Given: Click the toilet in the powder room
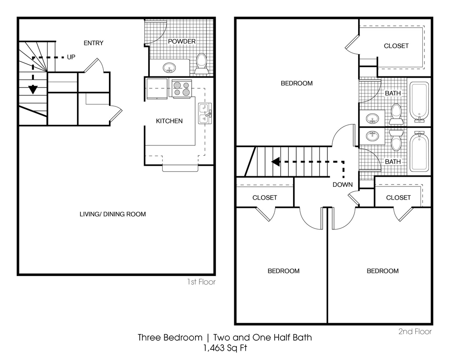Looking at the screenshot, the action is [201, 64].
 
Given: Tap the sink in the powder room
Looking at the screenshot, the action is [169, 68].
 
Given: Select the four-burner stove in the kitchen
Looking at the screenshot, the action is [182, 88].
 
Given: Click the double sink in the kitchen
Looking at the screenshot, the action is [205, 113].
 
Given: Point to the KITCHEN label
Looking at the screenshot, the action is [169, 121].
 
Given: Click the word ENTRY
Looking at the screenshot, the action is [94, 43].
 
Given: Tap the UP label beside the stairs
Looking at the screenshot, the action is [71, 57].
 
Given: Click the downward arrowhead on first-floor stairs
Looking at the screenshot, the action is [33, 90].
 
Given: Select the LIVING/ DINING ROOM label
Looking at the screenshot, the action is [113, 214].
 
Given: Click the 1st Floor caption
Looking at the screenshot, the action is [201, 282].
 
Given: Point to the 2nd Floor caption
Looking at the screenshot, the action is [415, 331].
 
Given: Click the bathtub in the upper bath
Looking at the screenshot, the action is [419, 102].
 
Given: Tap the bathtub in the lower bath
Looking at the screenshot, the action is [419, 152].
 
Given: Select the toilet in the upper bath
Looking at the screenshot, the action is [396, 114].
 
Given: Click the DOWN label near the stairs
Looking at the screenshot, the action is [343, 185].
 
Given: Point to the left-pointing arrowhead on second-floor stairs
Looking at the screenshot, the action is [276, 162].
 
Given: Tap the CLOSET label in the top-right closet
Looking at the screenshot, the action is [396, 46].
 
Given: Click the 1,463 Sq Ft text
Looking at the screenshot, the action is [225, 348].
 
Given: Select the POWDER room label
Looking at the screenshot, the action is [181, 41].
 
